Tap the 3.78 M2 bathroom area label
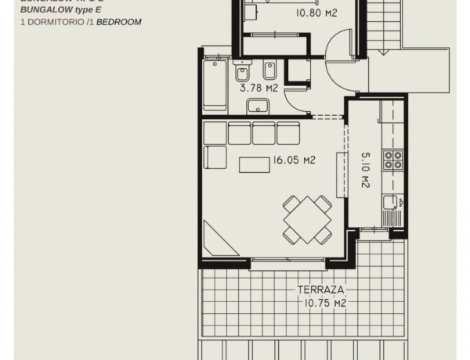click(x=256, y=89)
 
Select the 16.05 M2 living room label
click(x=294, y=160)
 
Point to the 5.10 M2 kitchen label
click(x=366, y=170)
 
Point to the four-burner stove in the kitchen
click(x=392, y=160)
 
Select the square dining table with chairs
click(x=305, y=219)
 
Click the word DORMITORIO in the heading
click(x=50, y=22)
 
